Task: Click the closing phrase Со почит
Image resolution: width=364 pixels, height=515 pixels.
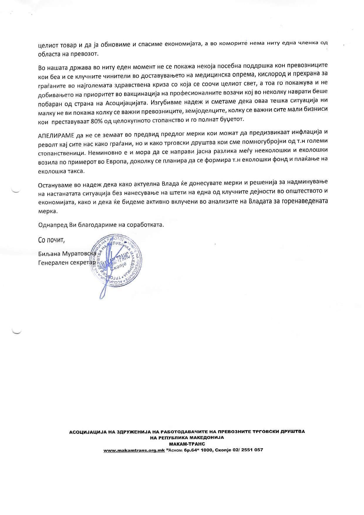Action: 51,240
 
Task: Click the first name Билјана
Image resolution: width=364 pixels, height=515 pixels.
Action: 48,254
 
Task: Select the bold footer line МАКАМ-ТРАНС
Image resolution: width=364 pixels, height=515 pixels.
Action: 187,444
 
